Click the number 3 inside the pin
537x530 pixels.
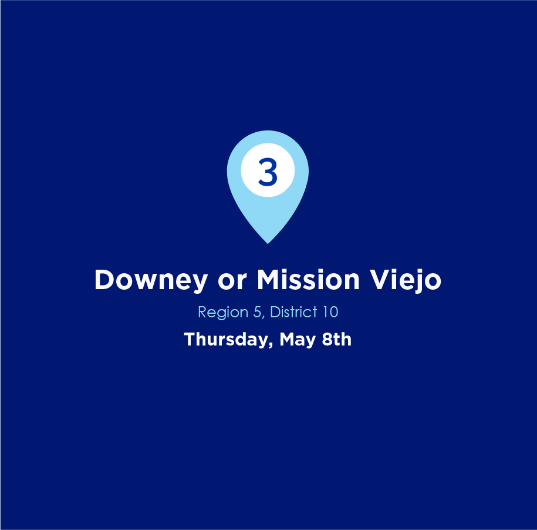(x=268, y=172)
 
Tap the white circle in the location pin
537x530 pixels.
(x=268, y=170)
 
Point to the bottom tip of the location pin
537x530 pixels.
(x=268, y=244)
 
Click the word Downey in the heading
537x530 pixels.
(x=151, y=280)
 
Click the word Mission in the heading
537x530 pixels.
(x=308, y=279)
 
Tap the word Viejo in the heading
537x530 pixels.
(x=406, y=280)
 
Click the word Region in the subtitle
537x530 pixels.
(x=223, y=313)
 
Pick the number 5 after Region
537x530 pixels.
(x=257, y=312)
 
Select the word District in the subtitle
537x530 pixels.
(x=294, y=312)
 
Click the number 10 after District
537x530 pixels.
(x=330, y=312)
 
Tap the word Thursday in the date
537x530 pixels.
(x=227, y=340)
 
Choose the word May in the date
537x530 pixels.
(x=298, y=340)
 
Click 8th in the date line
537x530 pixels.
(x=337, y=339)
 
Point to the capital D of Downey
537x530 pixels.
(x=105, y=280)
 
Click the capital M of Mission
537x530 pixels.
(x=269, y=280)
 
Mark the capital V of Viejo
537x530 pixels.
(x=380, y=280)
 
